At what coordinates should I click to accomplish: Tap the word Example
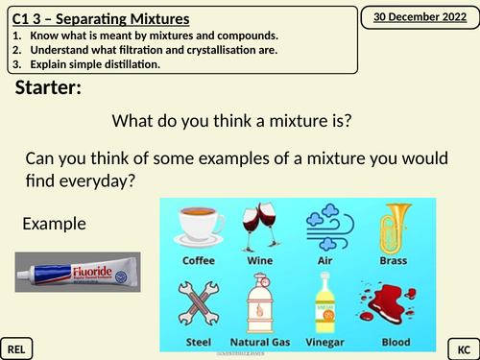coord(55,224)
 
